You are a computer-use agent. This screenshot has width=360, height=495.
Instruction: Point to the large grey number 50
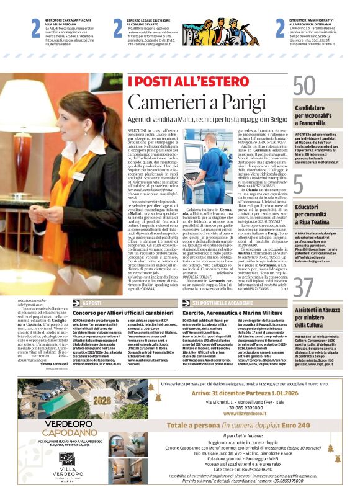point(305,86)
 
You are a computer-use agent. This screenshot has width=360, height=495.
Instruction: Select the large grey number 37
point(305,288)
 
